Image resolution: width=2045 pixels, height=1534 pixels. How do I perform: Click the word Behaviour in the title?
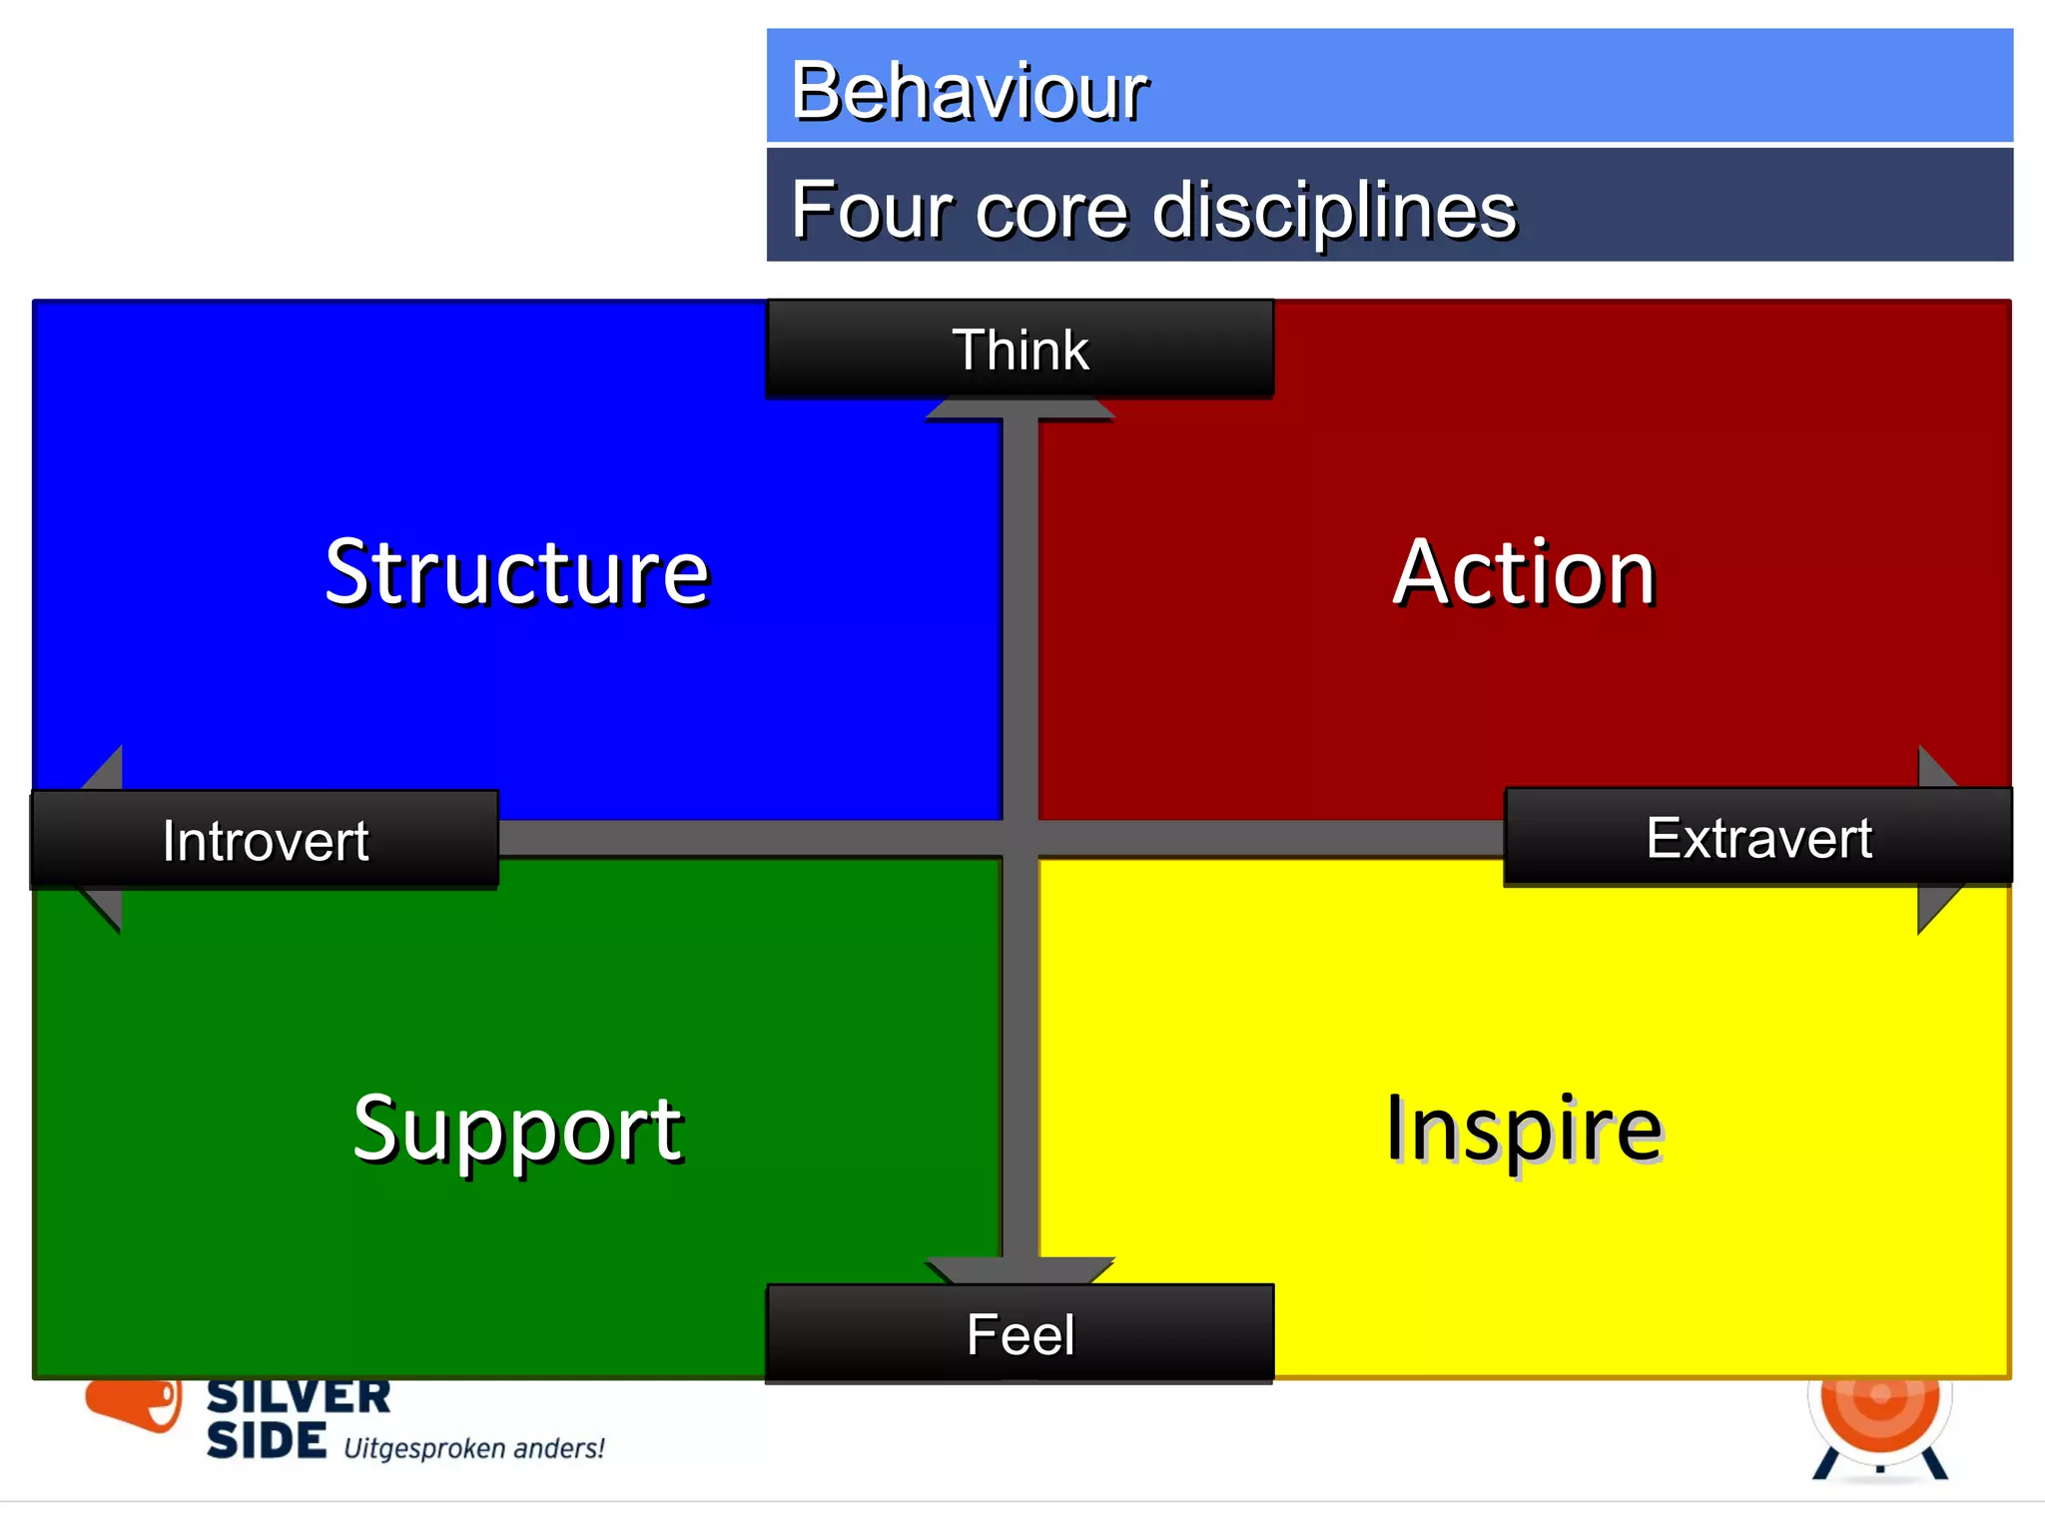[x=969, y=91]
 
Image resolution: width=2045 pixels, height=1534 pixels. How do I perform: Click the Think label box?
[x=1020, y=350]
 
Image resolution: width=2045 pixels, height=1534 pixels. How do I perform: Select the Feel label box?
[x=1020, y=1334]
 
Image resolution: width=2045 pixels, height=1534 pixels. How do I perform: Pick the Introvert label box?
[x=265, y=840]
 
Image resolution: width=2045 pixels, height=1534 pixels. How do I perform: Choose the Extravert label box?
[x=1757, y=837]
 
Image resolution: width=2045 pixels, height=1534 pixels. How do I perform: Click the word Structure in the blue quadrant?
[x=516, y=572]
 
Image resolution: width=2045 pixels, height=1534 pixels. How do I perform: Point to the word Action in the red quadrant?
[x=1524, y=572]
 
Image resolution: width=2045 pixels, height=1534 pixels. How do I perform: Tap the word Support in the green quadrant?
[x=517, y=1129]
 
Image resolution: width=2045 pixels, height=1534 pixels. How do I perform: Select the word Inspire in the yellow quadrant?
[x=1524, y=1129]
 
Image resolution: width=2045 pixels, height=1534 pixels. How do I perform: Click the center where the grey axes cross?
[x=1020, y=839]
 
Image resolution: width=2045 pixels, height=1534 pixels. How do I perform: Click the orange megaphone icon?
[x=135, y=1402]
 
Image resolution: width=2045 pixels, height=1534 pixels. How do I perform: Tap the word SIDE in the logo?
[x=266, y=1441]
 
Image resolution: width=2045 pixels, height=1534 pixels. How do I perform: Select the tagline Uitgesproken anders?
[x=473, y=1448]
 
